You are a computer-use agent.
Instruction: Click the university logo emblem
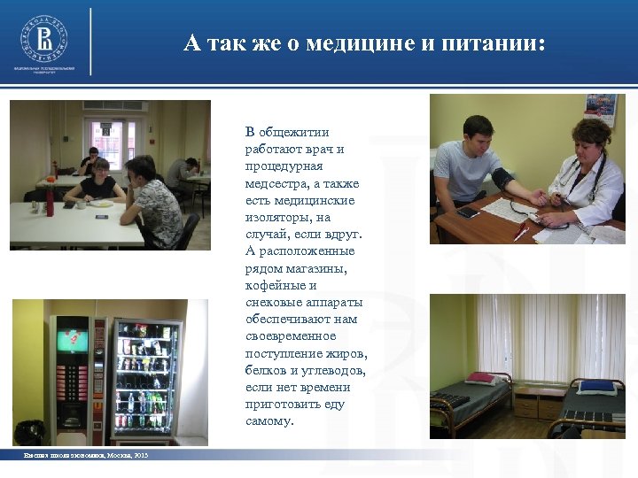tap(43, 38)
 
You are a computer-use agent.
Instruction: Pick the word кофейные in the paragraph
tap(274, 286)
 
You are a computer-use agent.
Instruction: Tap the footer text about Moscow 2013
tap(86, 455)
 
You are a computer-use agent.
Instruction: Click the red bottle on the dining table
tap(51, 204)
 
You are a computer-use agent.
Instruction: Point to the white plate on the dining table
tap(101, 204)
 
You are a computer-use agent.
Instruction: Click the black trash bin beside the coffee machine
tap(29, 432)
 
